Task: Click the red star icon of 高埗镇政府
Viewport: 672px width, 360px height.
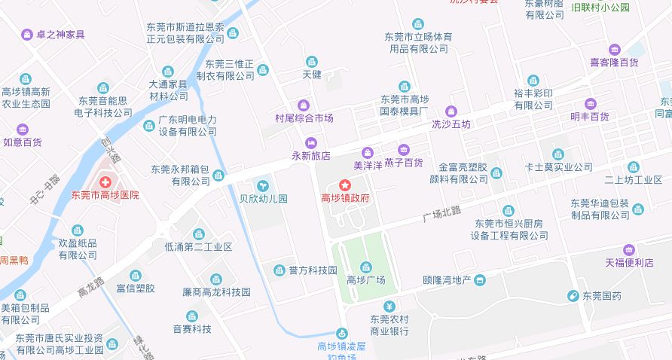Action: [x=345, y=185]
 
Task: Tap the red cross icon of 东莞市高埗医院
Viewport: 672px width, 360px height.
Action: [x=105, y=182]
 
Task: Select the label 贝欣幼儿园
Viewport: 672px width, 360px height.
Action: [x=263, y=200]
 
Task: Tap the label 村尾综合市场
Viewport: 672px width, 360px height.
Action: [x=304, y=118]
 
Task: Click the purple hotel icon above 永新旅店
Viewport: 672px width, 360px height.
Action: [x=310, y=142]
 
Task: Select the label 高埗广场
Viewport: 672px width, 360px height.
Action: [x=365, y=280]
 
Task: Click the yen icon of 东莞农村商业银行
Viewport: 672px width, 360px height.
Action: [x=389, y=306]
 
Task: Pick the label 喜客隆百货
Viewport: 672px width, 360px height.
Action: [x=614, y=63]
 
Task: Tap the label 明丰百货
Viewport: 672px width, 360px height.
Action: [x=590, y=117]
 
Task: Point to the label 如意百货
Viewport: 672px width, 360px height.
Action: [x=23, y=142]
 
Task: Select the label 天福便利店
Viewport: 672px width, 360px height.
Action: [x=628, y=263]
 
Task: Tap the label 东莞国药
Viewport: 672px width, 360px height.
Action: [x=600, y=296]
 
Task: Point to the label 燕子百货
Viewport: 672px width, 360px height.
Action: [x=403, y=162]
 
